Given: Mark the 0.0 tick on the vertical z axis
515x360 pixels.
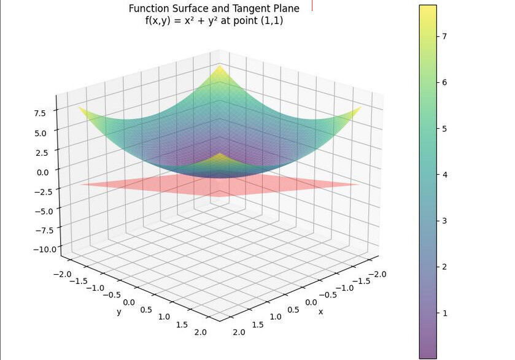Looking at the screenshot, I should coord(44,172).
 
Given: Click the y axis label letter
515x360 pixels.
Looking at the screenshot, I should coord(118,312).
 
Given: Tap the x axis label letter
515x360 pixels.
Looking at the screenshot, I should coord(320,312).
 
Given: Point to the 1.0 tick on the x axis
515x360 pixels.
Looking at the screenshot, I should coord(276,317).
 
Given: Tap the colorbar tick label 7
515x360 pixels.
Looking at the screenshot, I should coord(444,36).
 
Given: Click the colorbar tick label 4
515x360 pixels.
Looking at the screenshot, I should coord(444,175).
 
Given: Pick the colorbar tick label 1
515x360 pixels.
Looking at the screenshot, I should coord(444,313).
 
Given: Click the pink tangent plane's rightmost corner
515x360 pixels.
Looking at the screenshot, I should coord(360,184).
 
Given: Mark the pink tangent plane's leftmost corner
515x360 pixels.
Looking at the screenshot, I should coord(80,184).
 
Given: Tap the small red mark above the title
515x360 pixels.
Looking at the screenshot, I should coord(312,5).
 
